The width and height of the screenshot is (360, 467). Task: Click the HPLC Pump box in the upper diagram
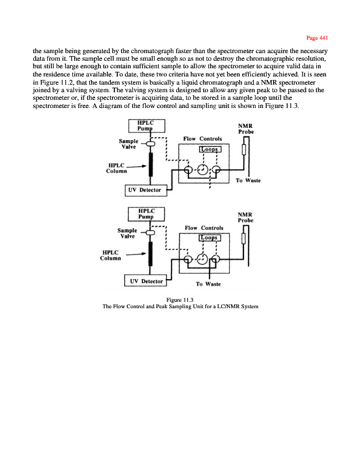coord(147,126)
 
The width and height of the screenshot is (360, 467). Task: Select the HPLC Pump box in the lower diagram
coord(147,214)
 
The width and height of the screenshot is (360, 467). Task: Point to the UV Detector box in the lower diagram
coord(146,281)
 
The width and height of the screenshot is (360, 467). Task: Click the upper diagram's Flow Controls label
coord(202,139)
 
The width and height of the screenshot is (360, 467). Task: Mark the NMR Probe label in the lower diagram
coord(246,217)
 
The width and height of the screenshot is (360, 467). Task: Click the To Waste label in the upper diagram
coord(247,180)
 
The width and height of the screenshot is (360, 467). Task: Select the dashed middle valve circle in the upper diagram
coord(202,170)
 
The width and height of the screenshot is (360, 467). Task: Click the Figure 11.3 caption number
coord(180,300)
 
